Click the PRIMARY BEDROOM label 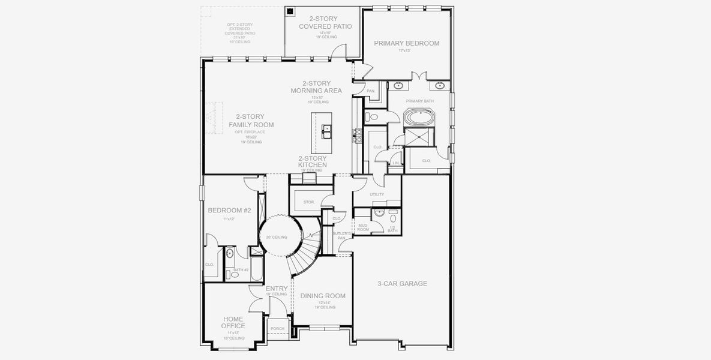tap(406, 43)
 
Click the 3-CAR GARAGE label tap(402, 283)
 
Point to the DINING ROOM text tap(323, 296)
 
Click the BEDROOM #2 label tap(229, 211)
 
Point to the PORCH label tap(277, 329)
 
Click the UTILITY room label tap(377, 194)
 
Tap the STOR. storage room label tap(310, 202)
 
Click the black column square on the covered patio tap(290, 11)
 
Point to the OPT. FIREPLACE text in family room tap(251, 131)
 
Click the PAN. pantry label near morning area tap(371, 91)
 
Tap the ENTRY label tap(276, 289)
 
